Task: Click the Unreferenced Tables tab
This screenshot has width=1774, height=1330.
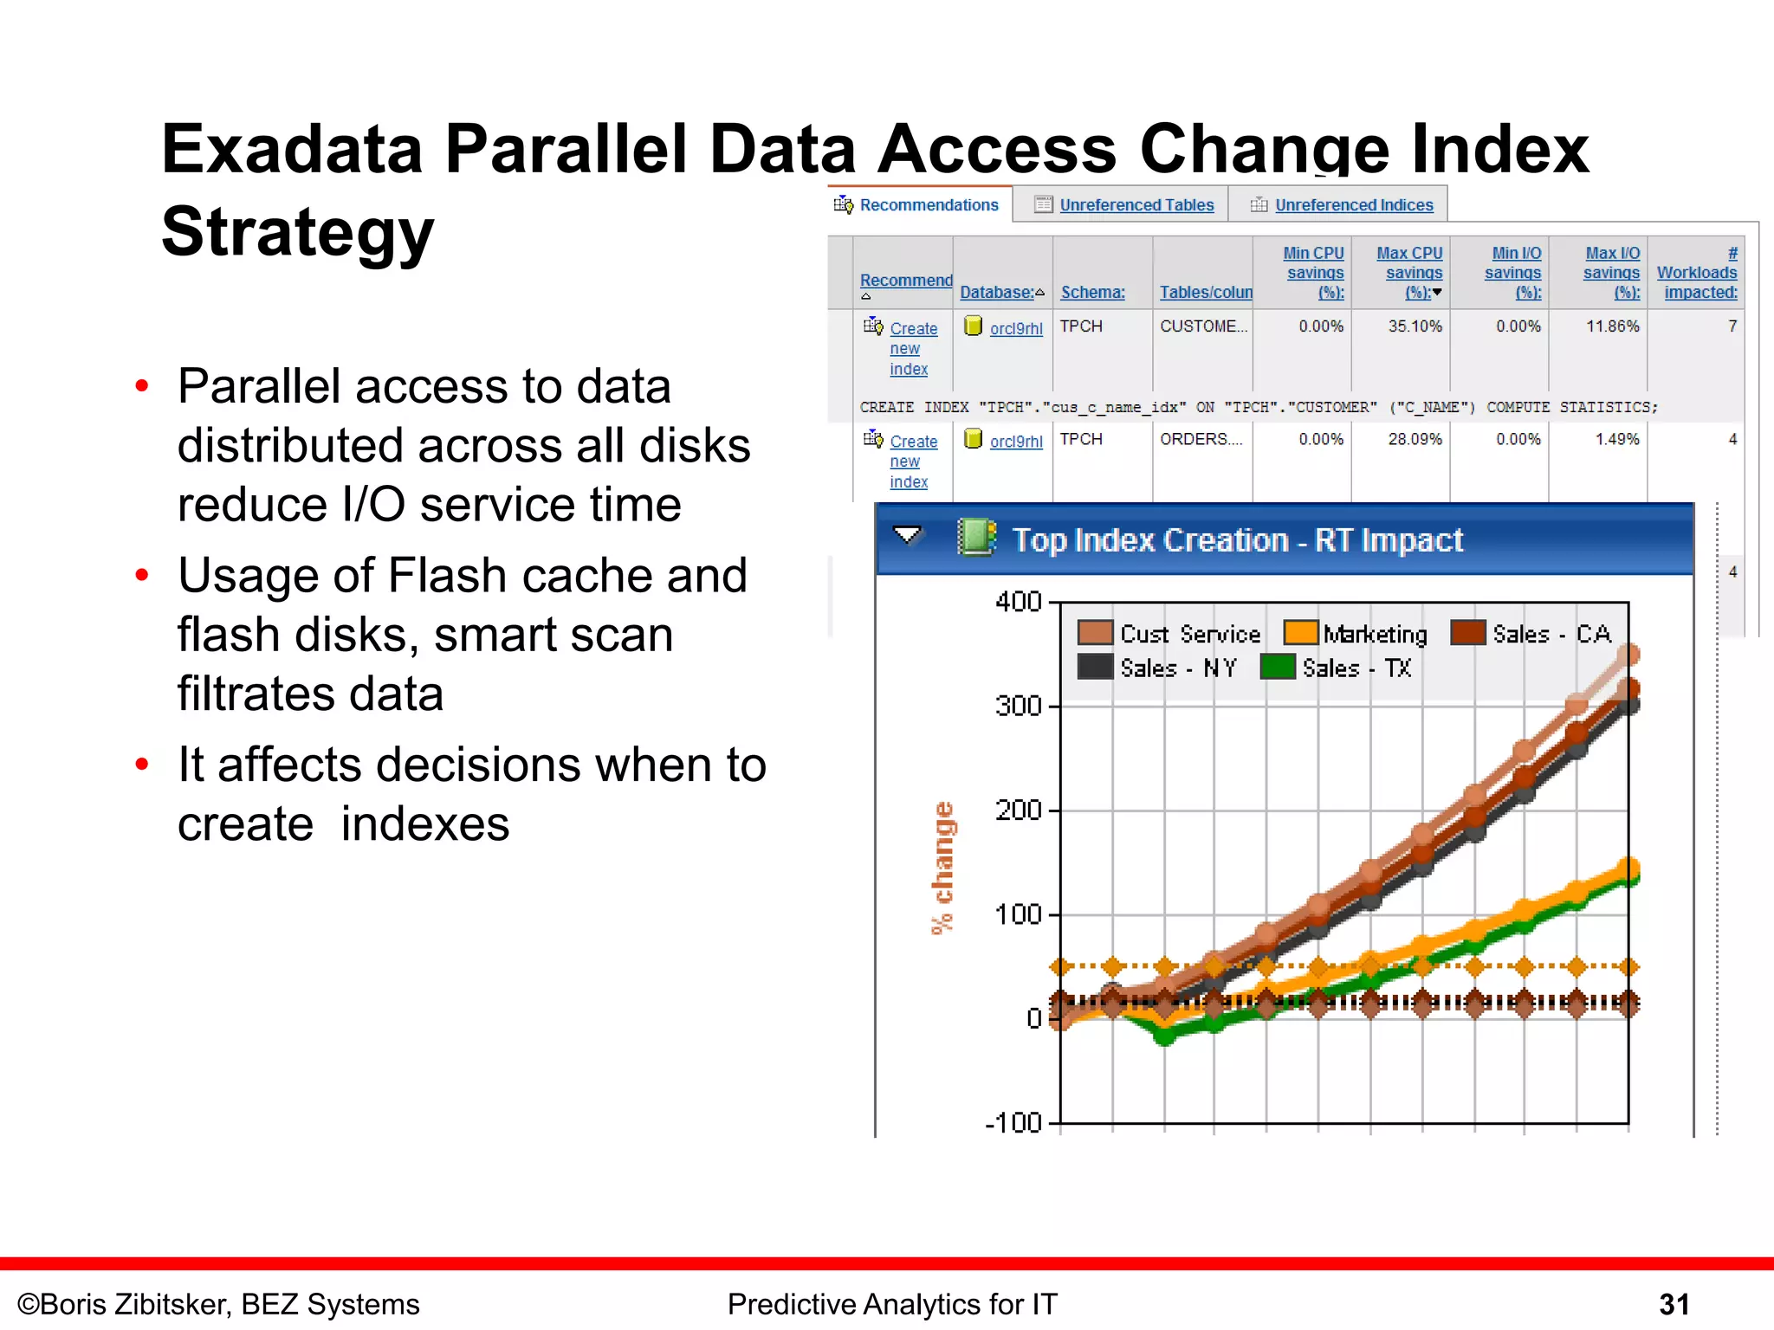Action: coord(1136,205)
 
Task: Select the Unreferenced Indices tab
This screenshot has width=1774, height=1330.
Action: coord(1353,205)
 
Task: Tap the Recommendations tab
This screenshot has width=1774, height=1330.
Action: coord(928,205)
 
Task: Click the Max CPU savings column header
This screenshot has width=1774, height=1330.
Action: coord(1409,272)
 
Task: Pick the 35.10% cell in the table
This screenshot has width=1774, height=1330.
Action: coord(1415,326)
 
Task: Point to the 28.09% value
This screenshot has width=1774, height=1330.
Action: coord(1415,439)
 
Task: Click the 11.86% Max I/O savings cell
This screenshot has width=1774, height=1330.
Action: coord(1612,326)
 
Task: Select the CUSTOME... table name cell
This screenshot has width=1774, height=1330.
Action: coord(1203,326)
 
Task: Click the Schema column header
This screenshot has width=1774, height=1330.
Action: coord(1092,293)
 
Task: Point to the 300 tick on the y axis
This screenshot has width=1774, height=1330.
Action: coord(1019,706)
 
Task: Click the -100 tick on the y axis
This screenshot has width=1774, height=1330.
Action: coord(1013,1123)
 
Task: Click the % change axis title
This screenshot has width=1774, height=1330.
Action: coord(942,868)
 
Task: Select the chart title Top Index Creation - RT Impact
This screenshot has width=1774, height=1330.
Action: coord(1237,540)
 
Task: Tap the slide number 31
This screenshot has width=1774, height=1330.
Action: coord(1674,1304)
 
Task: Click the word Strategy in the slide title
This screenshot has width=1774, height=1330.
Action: coord(297,232)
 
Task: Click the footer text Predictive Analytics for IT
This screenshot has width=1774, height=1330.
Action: coord(891,1304)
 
